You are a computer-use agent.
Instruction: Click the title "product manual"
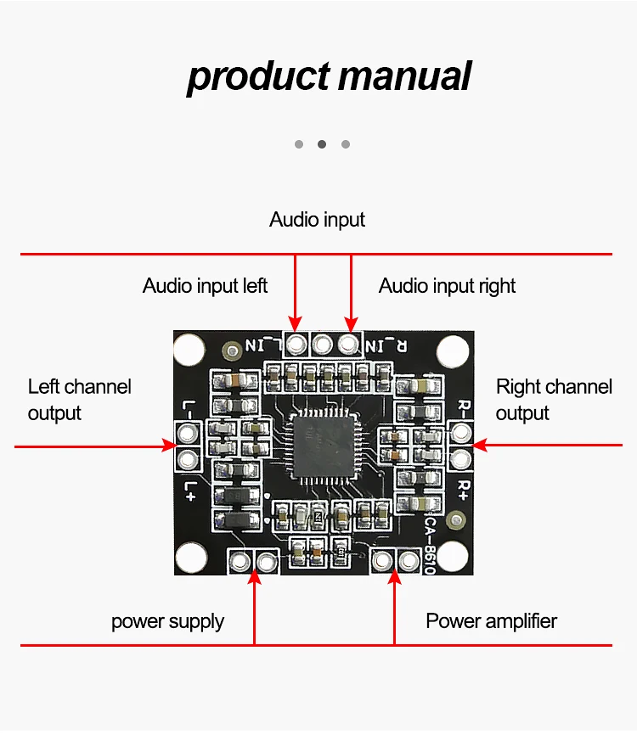pyautogui.click(x=328, y=76)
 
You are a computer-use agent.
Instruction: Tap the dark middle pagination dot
pyautogui.click(x=322, y=144)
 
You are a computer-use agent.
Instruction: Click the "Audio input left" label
pyautogui.click(x=205, y=286)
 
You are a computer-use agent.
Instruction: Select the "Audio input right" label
pyautogui.click(x=447, y=286)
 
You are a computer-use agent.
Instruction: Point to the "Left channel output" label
pyautogui.click(x=79, y=400)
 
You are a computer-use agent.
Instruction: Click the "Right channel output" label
pyautogui.click(x=553, y=400)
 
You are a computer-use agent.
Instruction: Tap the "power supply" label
pyautogui.click(x=167, y=621)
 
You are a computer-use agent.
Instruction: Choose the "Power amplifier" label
pyautogui.click(x=491, y=621)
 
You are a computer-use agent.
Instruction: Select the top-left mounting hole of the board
pyautogui.click(x=189, y=349)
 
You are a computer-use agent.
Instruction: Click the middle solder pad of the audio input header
pyautogui.click(x=322, y=344)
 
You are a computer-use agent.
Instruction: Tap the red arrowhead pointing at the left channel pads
pyautogui.click(x=169, y=446)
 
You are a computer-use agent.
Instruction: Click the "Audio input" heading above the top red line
pyautogui.click(x=317, y=220)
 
